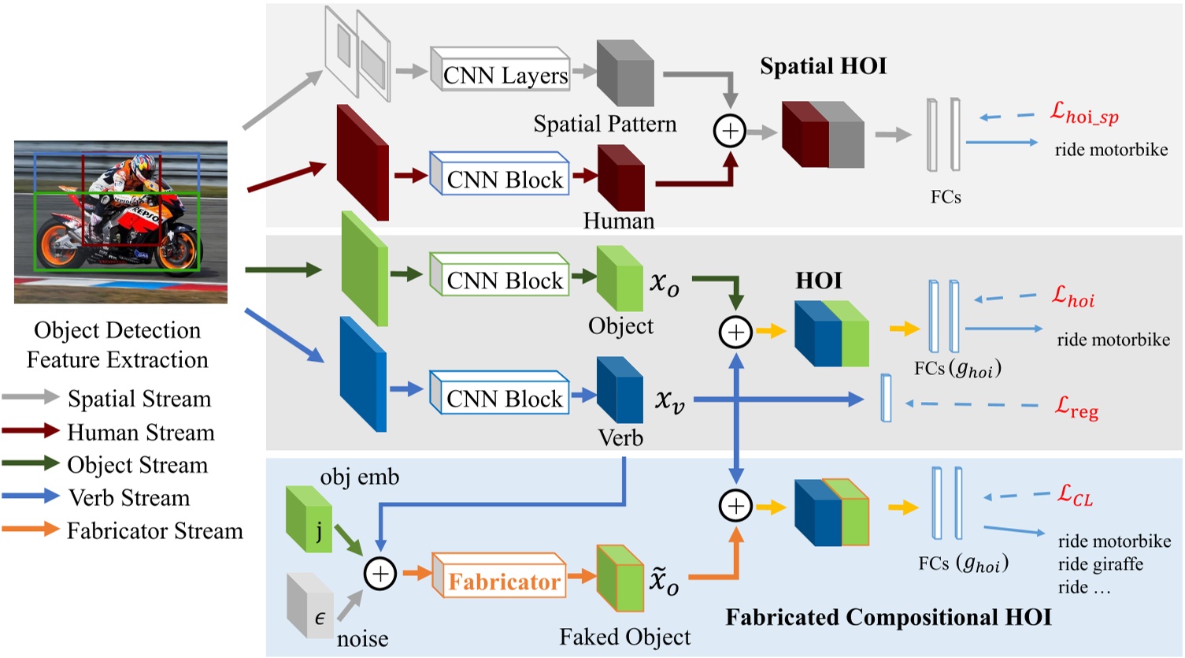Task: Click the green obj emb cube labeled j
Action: (309, 519)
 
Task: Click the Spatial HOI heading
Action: (823, 66)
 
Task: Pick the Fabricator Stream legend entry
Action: (154, 531)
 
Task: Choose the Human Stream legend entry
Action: (141, 433)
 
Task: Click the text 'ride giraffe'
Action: (1100, 564)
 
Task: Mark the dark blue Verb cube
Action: (620, 390)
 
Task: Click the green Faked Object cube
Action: (620, 578)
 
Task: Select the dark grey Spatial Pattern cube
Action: (625, 73)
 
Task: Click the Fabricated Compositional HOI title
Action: (888, 617)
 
